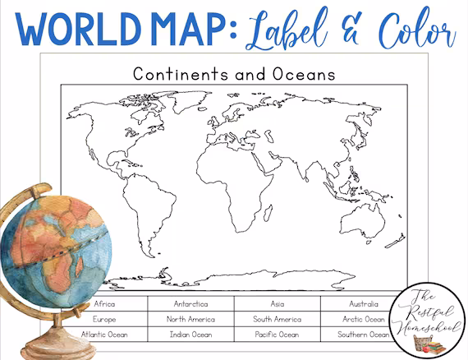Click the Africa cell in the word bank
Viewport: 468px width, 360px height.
pos(105,304)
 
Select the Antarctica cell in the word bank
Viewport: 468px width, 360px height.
pos(190,304)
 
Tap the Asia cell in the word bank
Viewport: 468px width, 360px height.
pos(277,304)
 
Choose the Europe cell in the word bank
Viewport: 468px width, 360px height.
pos(105,319)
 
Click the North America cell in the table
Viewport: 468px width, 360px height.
pos(190,319)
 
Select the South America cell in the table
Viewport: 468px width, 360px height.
pos(277,319)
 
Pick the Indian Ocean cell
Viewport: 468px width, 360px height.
pos(190,335)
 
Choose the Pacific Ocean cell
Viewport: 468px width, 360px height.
pos(277,335)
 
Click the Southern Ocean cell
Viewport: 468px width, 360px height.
pos(361,335)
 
